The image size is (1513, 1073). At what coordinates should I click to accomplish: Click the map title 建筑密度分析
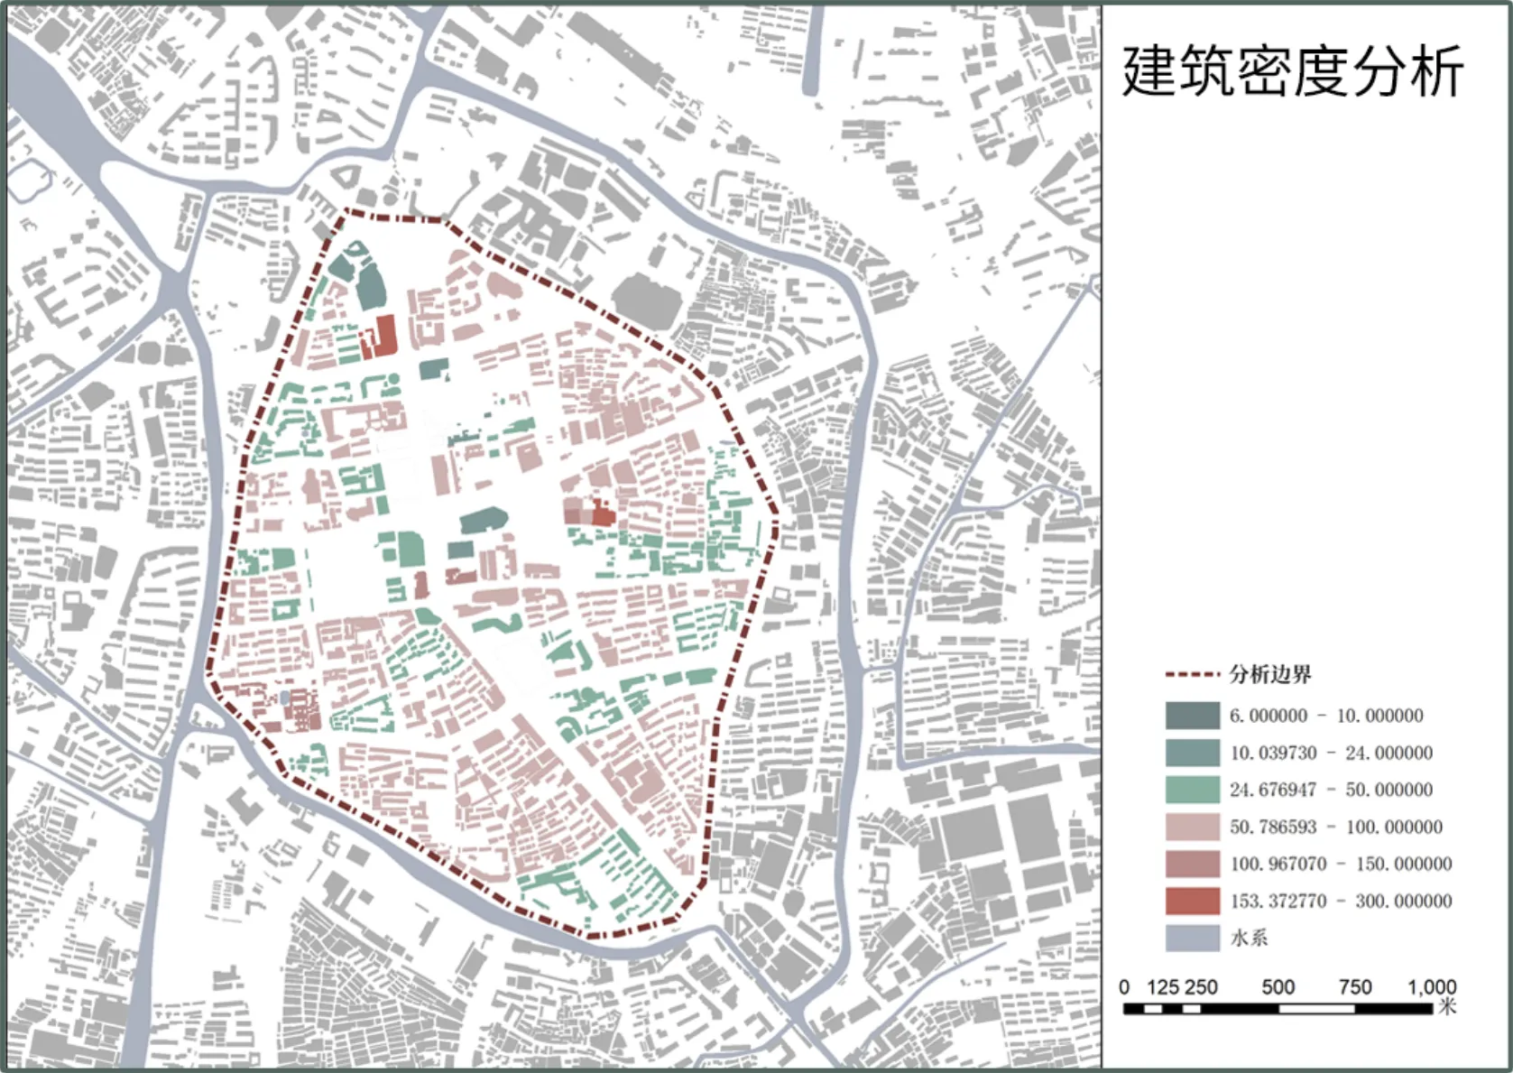pos(1292,72)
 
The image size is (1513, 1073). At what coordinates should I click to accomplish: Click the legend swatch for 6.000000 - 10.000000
pos(1192,716)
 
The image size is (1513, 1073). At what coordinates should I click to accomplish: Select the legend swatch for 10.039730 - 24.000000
pos(1192,753)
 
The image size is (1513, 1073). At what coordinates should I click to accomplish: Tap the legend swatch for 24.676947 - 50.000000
pos(1192,790)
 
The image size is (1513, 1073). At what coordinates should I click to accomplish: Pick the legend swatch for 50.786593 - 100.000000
pos(1192,827)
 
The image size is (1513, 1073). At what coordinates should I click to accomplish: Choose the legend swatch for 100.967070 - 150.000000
pos(1192,864)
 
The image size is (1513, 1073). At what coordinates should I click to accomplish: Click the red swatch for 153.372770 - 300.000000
pos(1192,901)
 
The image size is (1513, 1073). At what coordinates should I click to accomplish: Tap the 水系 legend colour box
pos(1192,938)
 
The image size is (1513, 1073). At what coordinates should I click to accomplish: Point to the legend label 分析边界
pos(1269,674)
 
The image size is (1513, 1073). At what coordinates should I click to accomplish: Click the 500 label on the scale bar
pos(1278,987)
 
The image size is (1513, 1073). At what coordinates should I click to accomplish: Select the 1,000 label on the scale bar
pos(1432,987)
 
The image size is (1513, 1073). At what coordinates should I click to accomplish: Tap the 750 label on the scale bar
pos(1355,987)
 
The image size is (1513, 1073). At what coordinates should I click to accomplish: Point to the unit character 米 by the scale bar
pos(1447,1006)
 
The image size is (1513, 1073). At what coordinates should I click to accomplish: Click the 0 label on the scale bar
pos(1124,987)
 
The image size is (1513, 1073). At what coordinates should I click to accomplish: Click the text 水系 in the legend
pos(1249,938)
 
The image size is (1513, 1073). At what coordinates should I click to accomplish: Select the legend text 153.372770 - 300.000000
pos(1341,901)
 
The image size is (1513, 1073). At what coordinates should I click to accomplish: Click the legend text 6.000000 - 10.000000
pos(1326,716)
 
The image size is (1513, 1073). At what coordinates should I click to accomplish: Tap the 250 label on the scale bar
pos(1201,987)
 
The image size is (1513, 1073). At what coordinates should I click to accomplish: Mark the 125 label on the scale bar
pos(1162,987)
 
